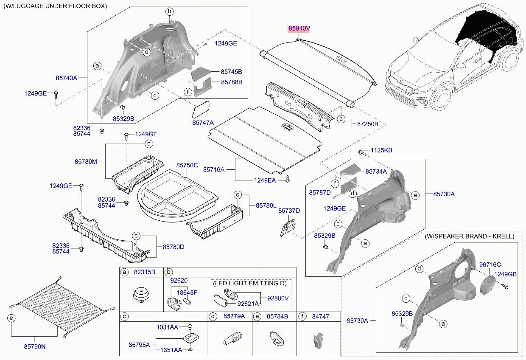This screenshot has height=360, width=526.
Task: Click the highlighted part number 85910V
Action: point(299,28)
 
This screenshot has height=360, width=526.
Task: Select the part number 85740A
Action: point(66,78)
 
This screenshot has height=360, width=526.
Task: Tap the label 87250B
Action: point(367,124)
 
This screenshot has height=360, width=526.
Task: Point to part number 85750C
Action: point(187,165)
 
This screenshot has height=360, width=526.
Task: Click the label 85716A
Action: point(214,170)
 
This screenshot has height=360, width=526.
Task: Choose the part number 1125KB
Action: point(381,150)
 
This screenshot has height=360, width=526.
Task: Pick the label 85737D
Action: point(289,211)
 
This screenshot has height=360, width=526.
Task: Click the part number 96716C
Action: point(490,265)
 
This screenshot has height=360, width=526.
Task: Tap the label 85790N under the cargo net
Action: point(35,346)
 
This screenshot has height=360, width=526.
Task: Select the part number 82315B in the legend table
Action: point(144,272)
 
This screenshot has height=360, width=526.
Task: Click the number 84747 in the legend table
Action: point(321,317)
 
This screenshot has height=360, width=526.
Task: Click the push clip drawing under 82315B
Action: point(142,295)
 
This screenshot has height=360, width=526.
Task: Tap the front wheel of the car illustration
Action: point(442,98)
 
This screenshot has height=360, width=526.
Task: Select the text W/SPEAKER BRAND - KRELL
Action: point(470,236)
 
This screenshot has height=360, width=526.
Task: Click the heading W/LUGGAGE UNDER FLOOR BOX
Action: point(55,6)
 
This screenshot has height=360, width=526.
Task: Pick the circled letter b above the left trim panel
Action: point(169,11)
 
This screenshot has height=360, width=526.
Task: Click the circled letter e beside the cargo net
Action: point(11,318)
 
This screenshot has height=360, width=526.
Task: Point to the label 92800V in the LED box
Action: point(278,298)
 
